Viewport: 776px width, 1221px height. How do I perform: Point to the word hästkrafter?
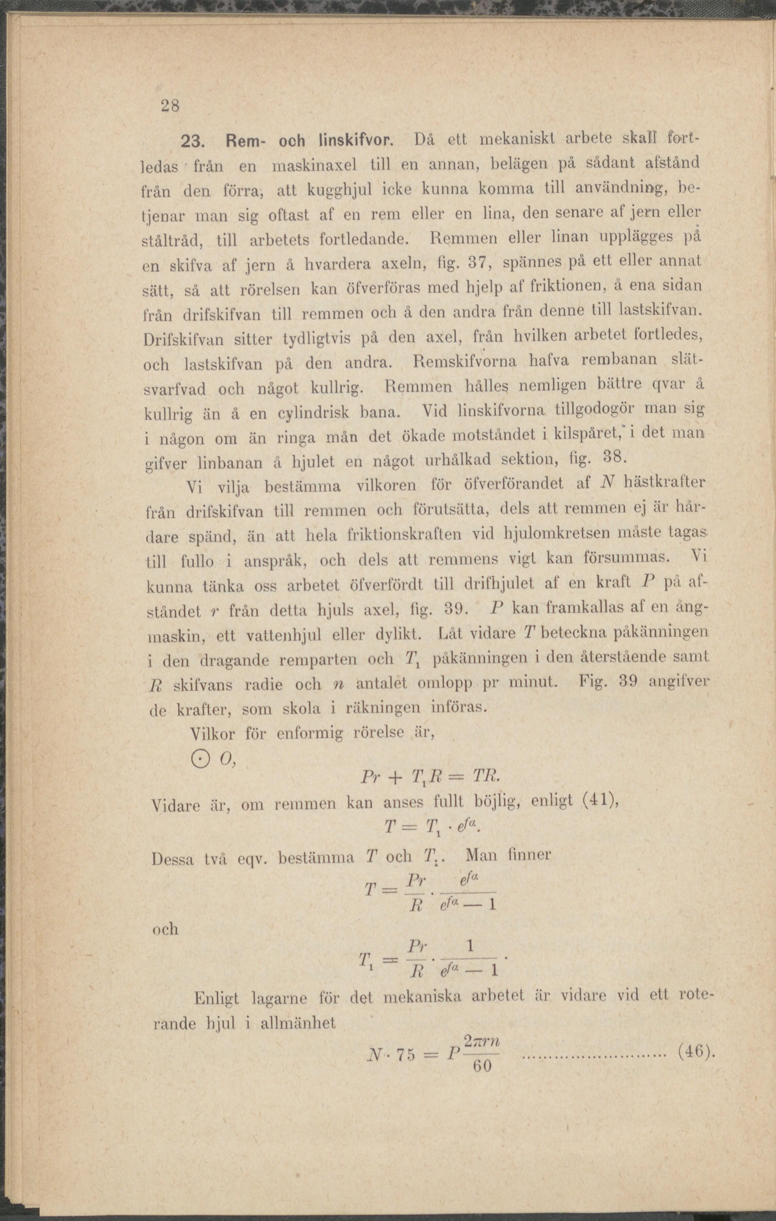[662, 483]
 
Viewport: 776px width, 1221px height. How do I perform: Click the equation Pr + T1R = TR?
[430, 778]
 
